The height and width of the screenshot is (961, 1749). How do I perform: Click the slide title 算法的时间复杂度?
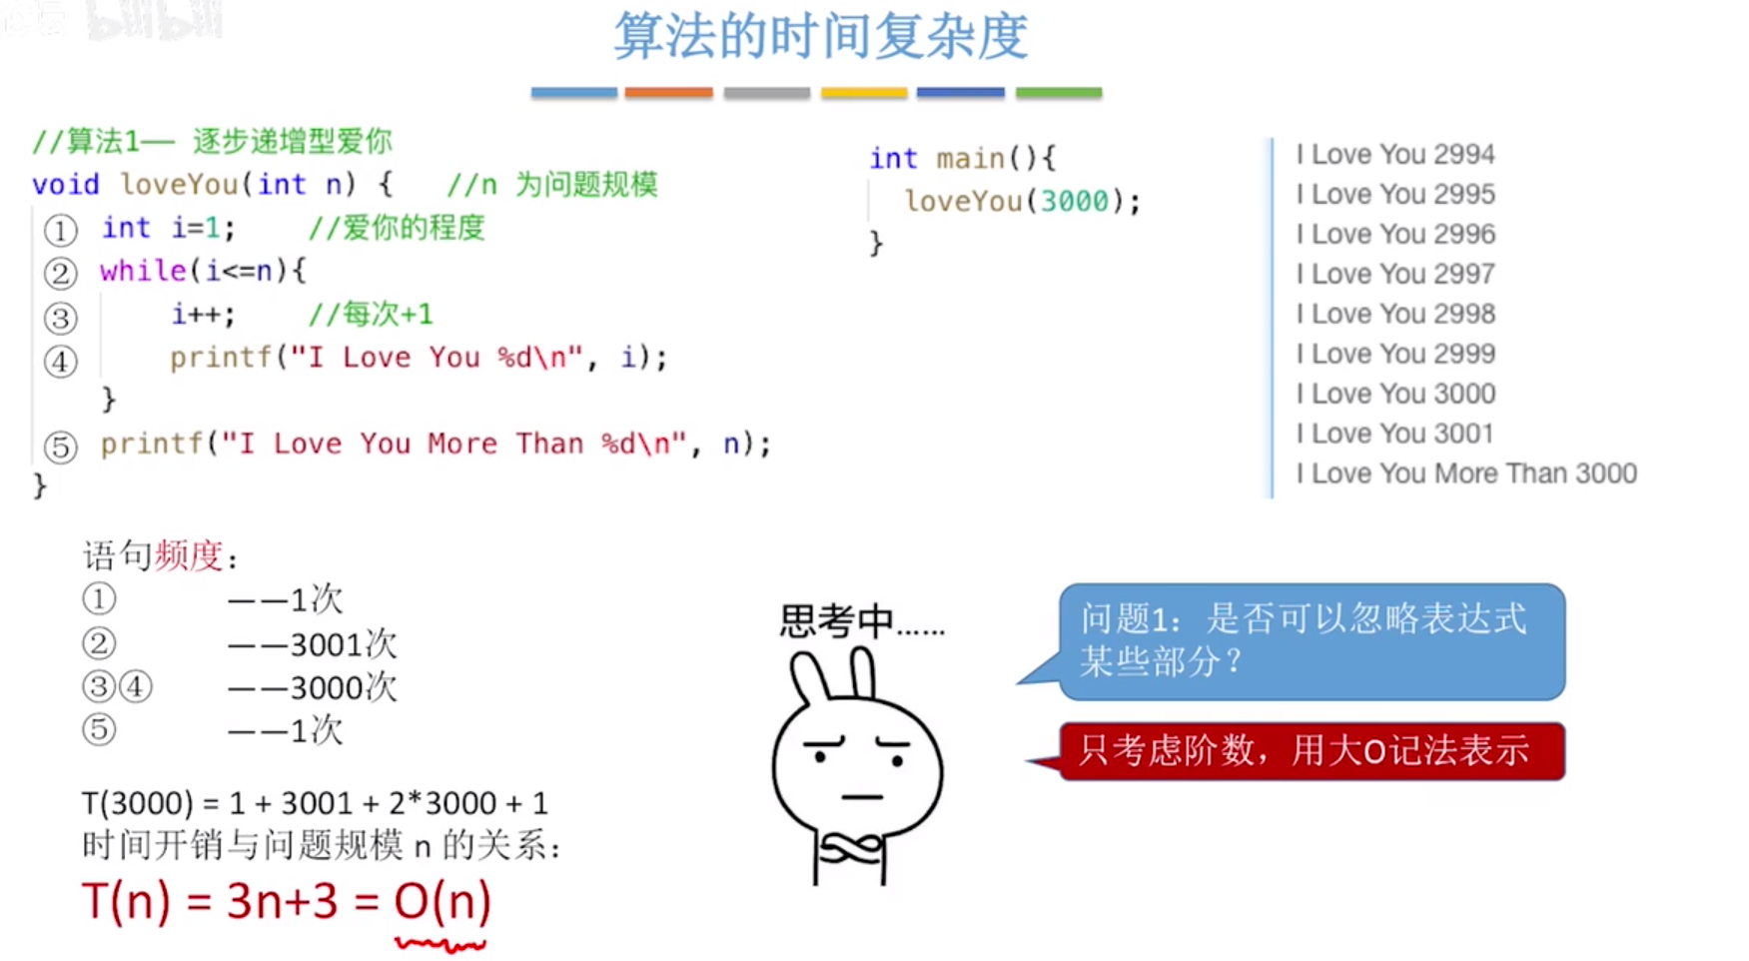[820, 37]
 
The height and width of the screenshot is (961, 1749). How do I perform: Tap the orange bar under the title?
[668, 93]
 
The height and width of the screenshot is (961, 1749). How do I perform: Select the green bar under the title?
[1058, 93]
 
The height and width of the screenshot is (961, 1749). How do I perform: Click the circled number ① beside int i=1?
[60, 231]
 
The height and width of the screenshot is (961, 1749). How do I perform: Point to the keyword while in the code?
[142, 271]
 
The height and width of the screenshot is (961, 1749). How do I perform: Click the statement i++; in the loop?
[203, 315]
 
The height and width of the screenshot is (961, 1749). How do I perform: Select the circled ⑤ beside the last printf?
[60, 447]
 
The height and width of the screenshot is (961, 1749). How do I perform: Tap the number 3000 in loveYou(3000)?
[1074, 202]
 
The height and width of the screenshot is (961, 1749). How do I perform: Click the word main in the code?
[970, 159]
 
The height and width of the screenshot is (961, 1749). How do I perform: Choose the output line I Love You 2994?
[1395, 155]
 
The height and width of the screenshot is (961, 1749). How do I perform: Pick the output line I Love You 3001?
[1395, 434]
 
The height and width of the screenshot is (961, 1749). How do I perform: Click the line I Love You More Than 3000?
[1466, 474]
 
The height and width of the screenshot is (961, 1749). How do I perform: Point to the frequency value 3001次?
[343, 644]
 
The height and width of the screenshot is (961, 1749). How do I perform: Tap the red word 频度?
[188, 555]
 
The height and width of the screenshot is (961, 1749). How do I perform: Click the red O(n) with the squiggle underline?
[441, 902]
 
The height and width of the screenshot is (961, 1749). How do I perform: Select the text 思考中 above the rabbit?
[836, 621]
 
